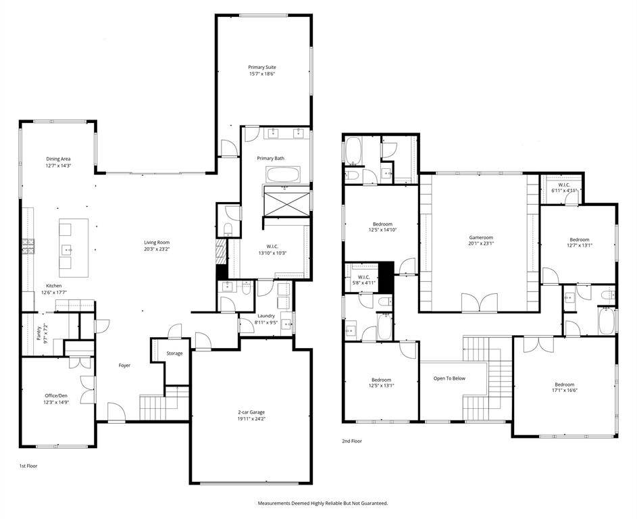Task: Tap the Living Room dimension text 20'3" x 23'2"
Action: click(157, 249)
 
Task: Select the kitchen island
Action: click(74, 248)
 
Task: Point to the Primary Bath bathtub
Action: click(284, 175)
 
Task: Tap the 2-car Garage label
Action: click(251, 412)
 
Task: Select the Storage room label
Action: click(175, 353)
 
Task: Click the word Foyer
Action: click(125, 366)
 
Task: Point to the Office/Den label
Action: click(56, 395)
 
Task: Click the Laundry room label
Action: click(266, 316)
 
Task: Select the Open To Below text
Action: click(449, 378)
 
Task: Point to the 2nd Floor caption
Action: click(352, 441)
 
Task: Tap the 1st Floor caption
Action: click(28, 466)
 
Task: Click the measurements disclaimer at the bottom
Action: click(323, 503)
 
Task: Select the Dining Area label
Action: click(59, 159)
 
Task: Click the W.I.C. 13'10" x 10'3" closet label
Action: click(273, 249)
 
